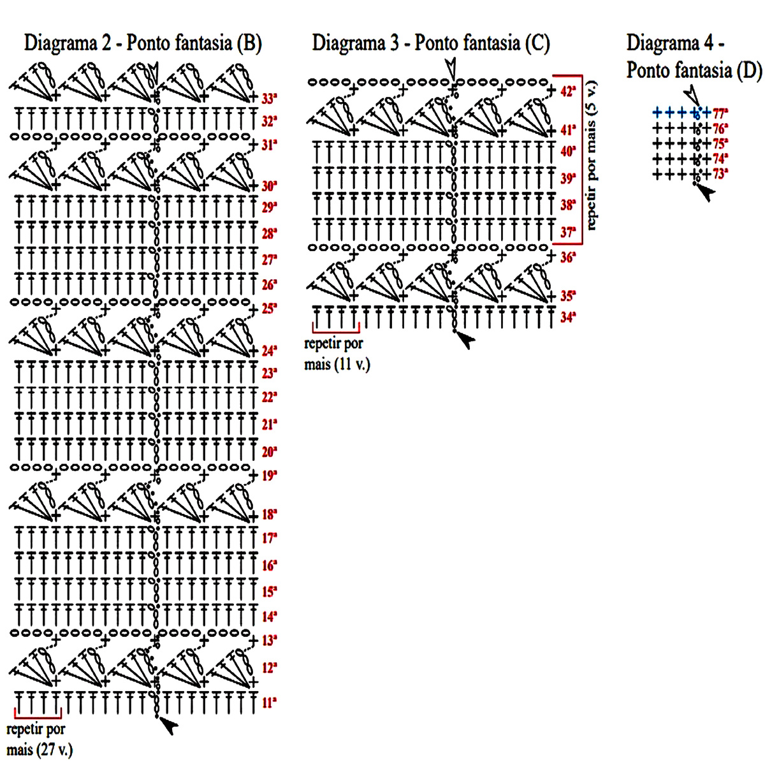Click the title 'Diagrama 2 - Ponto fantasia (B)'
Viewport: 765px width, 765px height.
[x=143, y=43]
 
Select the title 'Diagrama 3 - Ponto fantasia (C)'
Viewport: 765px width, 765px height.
[x=430, y=43]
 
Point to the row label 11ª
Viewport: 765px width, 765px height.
[x=268, y=703]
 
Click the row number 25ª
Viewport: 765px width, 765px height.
[x=268, y=309]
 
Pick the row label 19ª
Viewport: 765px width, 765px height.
[x=268, y=475]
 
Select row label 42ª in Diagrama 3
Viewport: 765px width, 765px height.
[x=568, y=91]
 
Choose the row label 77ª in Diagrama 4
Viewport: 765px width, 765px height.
[x=720, y=113]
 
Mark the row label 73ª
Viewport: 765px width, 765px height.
[x=720, y=174]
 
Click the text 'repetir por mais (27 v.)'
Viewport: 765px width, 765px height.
[x=38, y=739]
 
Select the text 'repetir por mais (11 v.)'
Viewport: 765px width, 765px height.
[x=337, y=354]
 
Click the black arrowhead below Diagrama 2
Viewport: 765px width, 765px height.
[x=169, y=725]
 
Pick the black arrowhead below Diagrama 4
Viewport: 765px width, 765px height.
[x=706, y=193]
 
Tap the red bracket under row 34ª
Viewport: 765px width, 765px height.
[x=336, y=329]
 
